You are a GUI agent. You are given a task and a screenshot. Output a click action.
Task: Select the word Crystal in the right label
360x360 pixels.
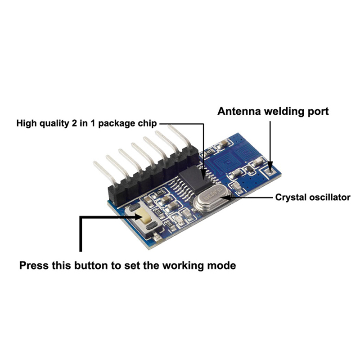coord(289,197)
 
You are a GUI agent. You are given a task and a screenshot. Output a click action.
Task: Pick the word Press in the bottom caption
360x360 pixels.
coord(33,265)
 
